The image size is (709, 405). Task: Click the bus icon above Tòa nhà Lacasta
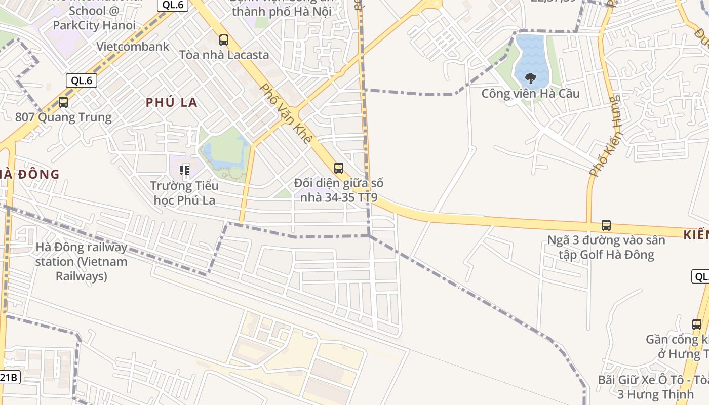coord(223,39)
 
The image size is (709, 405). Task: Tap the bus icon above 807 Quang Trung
coord(63,102)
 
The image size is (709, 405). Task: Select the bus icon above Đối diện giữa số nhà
coord(339,168)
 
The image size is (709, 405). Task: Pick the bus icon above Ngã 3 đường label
coord(606,225)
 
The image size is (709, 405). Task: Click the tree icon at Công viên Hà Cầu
coord(531,78)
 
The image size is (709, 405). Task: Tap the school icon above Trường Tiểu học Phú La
coord(184,170)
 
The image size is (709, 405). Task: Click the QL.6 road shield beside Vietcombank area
coord(81,80)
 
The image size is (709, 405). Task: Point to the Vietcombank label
coord(133,47)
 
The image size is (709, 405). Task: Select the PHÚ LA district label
coord(172,102)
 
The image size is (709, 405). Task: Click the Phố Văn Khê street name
coord(285,113)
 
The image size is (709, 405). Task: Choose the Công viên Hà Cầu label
coord(530,94)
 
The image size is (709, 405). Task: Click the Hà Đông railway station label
coord(81,262)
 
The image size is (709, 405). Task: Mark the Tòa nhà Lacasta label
coord(224,55)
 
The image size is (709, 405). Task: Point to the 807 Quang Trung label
coord(63,117)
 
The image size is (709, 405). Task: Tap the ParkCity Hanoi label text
coord(94,25)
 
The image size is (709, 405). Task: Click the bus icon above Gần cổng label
coord(697,324)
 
